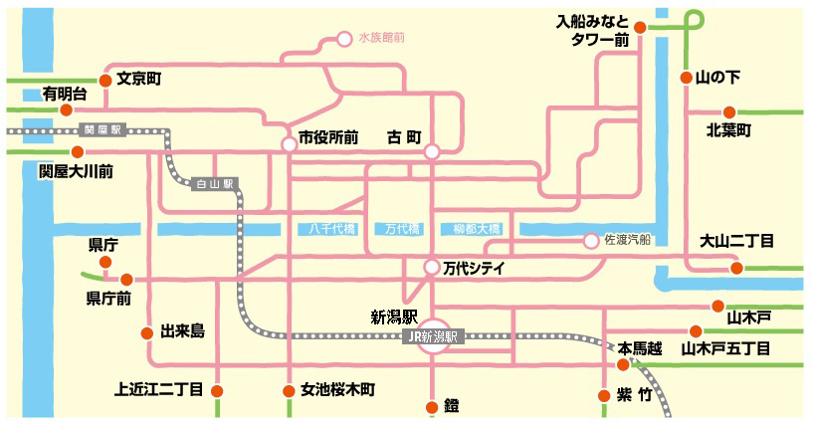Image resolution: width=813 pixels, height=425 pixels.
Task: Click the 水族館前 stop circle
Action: [344, 39]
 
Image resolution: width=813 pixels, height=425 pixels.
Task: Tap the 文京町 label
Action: [139, 79]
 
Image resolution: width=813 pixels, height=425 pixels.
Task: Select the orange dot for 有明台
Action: [66, 109]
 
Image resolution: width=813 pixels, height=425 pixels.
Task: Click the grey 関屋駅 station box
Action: [102, 129]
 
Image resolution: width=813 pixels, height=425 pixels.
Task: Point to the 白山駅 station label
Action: [215, 183]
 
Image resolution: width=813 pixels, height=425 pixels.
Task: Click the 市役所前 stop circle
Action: [290, 144]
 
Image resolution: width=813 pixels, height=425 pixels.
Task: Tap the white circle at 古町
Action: [432, 152]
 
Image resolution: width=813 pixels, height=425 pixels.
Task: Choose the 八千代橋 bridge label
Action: [332, 229]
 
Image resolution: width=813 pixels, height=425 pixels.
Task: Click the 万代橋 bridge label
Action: [402, 229]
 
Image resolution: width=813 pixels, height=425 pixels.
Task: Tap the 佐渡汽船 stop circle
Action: [591, 241]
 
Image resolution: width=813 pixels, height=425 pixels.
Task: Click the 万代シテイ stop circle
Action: [432, 267]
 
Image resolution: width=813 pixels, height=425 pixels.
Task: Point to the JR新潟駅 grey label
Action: [433, 336]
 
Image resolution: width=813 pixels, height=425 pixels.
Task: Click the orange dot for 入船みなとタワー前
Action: [640, 28]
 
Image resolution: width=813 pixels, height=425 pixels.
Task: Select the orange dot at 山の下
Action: [686, 78]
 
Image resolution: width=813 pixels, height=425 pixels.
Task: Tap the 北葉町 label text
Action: [728, 130]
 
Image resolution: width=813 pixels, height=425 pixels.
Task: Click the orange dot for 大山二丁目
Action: [736, 268]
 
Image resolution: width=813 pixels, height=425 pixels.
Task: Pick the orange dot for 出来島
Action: [147, 333]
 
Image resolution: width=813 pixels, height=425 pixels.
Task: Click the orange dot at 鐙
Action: [432, 407]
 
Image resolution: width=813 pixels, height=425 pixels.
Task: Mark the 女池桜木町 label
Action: [337, 390]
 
